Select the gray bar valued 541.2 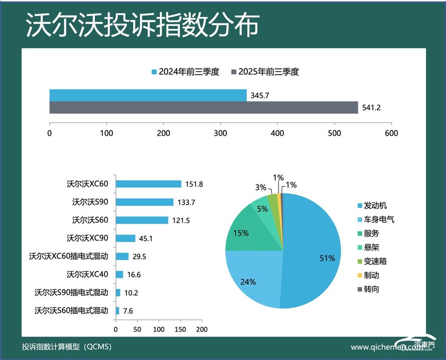[x=203, y=107]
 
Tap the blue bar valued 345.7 [x=147, y=95]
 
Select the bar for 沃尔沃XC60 [x=148, y=184]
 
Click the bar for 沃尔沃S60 [x=142, y=220]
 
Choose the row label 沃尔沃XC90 [x=87, y=238]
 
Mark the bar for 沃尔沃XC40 [x=119, y=274]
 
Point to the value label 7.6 [x=128, y=311]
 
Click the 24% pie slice [x=251, y=281]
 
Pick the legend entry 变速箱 [x=375, y=261]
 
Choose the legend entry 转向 [x=372, y=289]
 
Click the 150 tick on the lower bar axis [x=180, y=329]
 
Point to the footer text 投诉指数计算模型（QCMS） [x=67, y=346]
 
